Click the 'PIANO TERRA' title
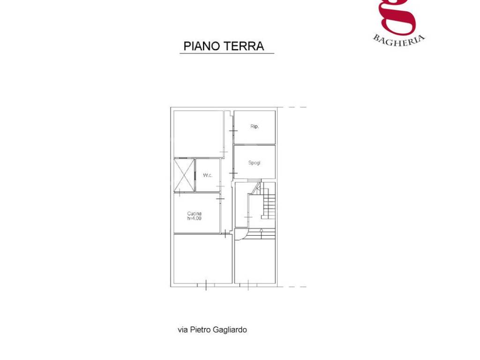coord(224,46)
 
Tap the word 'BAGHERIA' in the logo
coord(399,39)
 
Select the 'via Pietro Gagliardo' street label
coord(212,330)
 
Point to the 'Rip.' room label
coord(255,127)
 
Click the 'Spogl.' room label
coord(254,163)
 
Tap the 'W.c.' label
coord(208,175)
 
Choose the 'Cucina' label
coord(195,214)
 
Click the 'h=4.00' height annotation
coord(195,218)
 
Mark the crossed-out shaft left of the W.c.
coord(184,175)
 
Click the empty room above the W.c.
coord(198,134)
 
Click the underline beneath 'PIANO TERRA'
coord(227,53)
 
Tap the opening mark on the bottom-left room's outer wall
coord(206,284)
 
